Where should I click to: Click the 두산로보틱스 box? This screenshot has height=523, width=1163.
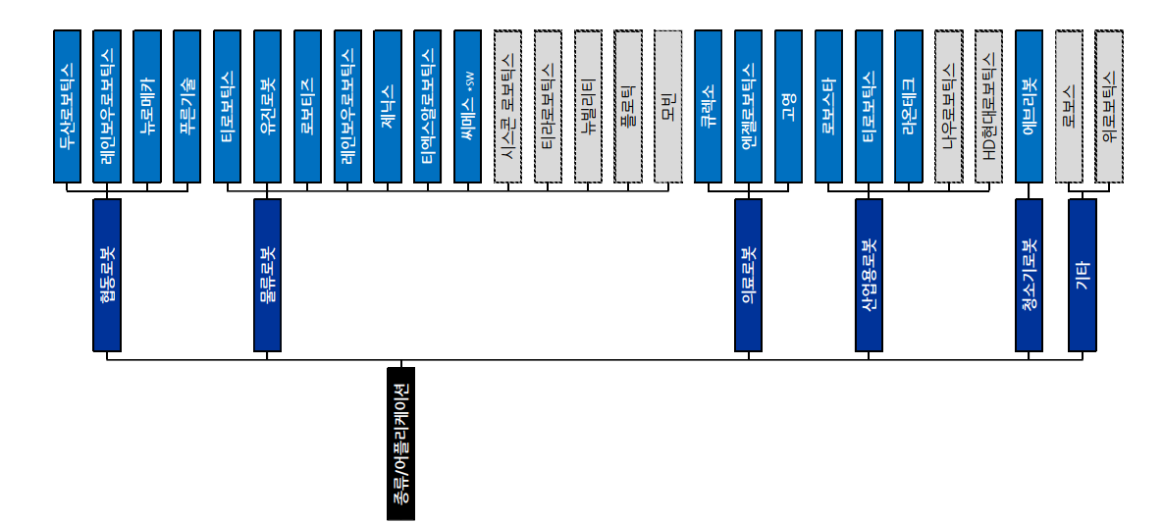[67, 106]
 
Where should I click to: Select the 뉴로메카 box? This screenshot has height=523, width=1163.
[146, 106]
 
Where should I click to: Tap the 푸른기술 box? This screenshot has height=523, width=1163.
[186, 106]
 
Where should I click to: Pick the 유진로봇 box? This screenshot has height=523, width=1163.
[267, 106]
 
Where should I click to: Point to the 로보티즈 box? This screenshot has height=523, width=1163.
[307, 106]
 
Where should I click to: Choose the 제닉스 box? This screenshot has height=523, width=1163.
[388, 106]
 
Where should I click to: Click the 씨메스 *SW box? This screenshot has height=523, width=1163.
[468, 106]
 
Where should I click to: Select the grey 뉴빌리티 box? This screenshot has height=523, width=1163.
[588, 106]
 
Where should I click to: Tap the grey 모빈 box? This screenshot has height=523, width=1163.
[668, 106]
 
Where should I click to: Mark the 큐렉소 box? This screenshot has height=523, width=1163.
[708, 106]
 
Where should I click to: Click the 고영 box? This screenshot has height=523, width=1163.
[788, 106]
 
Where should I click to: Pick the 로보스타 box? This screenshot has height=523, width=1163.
[828, 106]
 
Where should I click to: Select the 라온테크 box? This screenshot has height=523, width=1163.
[909, 106]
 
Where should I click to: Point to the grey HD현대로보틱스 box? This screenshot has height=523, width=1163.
[989, 106]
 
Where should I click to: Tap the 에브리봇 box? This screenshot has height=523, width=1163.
[1029, 106]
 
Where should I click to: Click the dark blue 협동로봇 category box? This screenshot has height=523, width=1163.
[107, 275]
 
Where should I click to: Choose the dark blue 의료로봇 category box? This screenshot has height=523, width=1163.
[748, 275]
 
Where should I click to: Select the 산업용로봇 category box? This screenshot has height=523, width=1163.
[869, 275]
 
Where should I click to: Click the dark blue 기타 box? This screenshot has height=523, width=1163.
[1083, 275]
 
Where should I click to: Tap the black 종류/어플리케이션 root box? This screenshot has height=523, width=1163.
[400, 444]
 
